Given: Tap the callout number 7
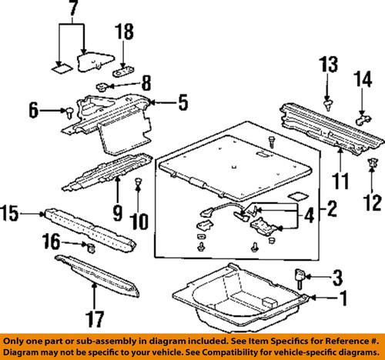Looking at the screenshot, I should (x=72, y=10).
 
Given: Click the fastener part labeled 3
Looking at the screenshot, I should (x=300, y=275).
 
